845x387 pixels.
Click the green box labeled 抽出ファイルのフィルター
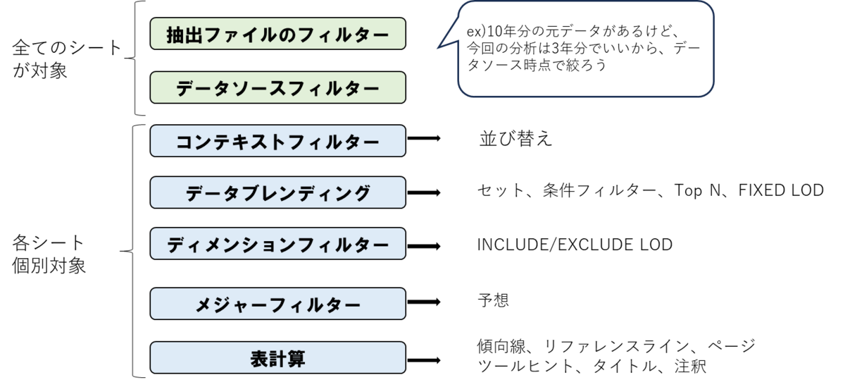pos(277,34)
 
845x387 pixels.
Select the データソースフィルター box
pos(277,87)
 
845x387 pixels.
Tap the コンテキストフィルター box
pos(277,141)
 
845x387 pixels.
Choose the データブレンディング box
pos(277,192)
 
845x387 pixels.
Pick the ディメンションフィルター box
pos(277,244)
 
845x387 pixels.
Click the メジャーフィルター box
pos(277,304)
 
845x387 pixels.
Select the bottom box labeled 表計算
pos(277,357)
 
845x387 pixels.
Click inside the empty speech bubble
pos(586,49)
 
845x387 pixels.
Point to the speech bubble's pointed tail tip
pos(437,49)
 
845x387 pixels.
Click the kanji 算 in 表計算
pos(296,358)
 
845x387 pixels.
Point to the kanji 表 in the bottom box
pos(259,358)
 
